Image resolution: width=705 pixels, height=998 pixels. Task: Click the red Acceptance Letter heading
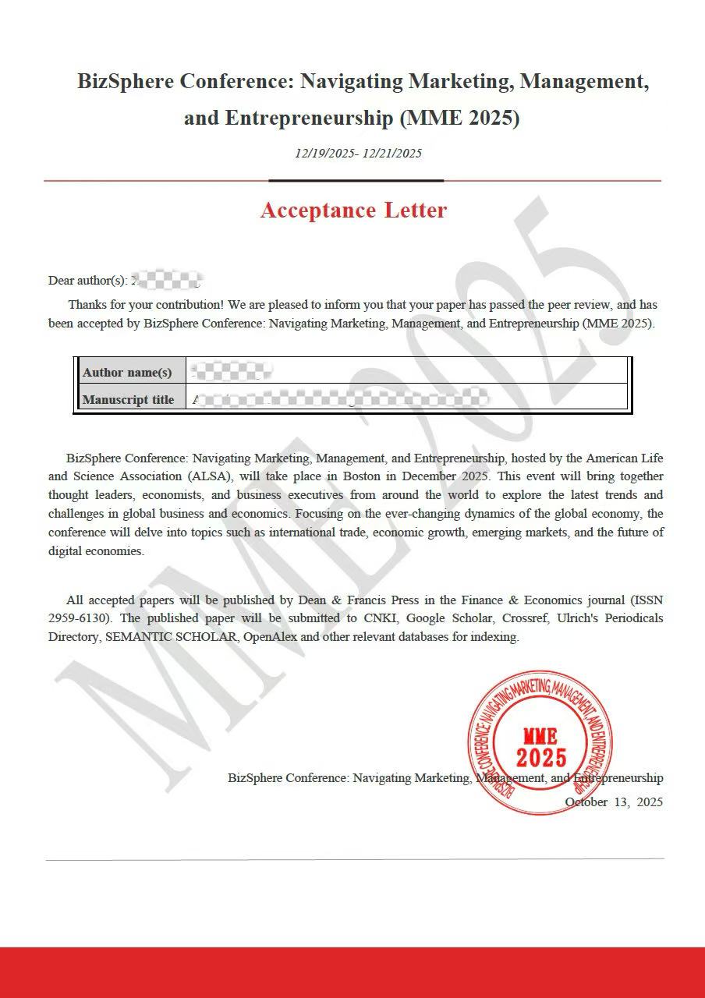[353, 211]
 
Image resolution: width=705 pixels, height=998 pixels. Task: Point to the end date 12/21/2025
[391, 154]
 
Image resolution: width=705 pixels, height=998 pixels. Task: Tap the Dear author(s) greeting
[87, 281]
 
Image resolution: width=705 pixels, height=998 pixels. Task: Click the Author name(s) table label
[127, 372]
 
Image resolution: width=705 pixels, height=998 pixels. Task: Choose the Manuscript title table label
[128, 400]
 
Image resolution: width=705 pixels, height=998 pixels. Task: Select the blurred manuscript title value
[340, 400]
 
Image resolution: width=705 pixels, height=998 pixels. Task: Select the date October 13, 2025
[614, 802]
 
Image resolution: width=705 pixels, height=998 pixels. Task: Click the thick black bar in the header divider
[356, 180]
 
